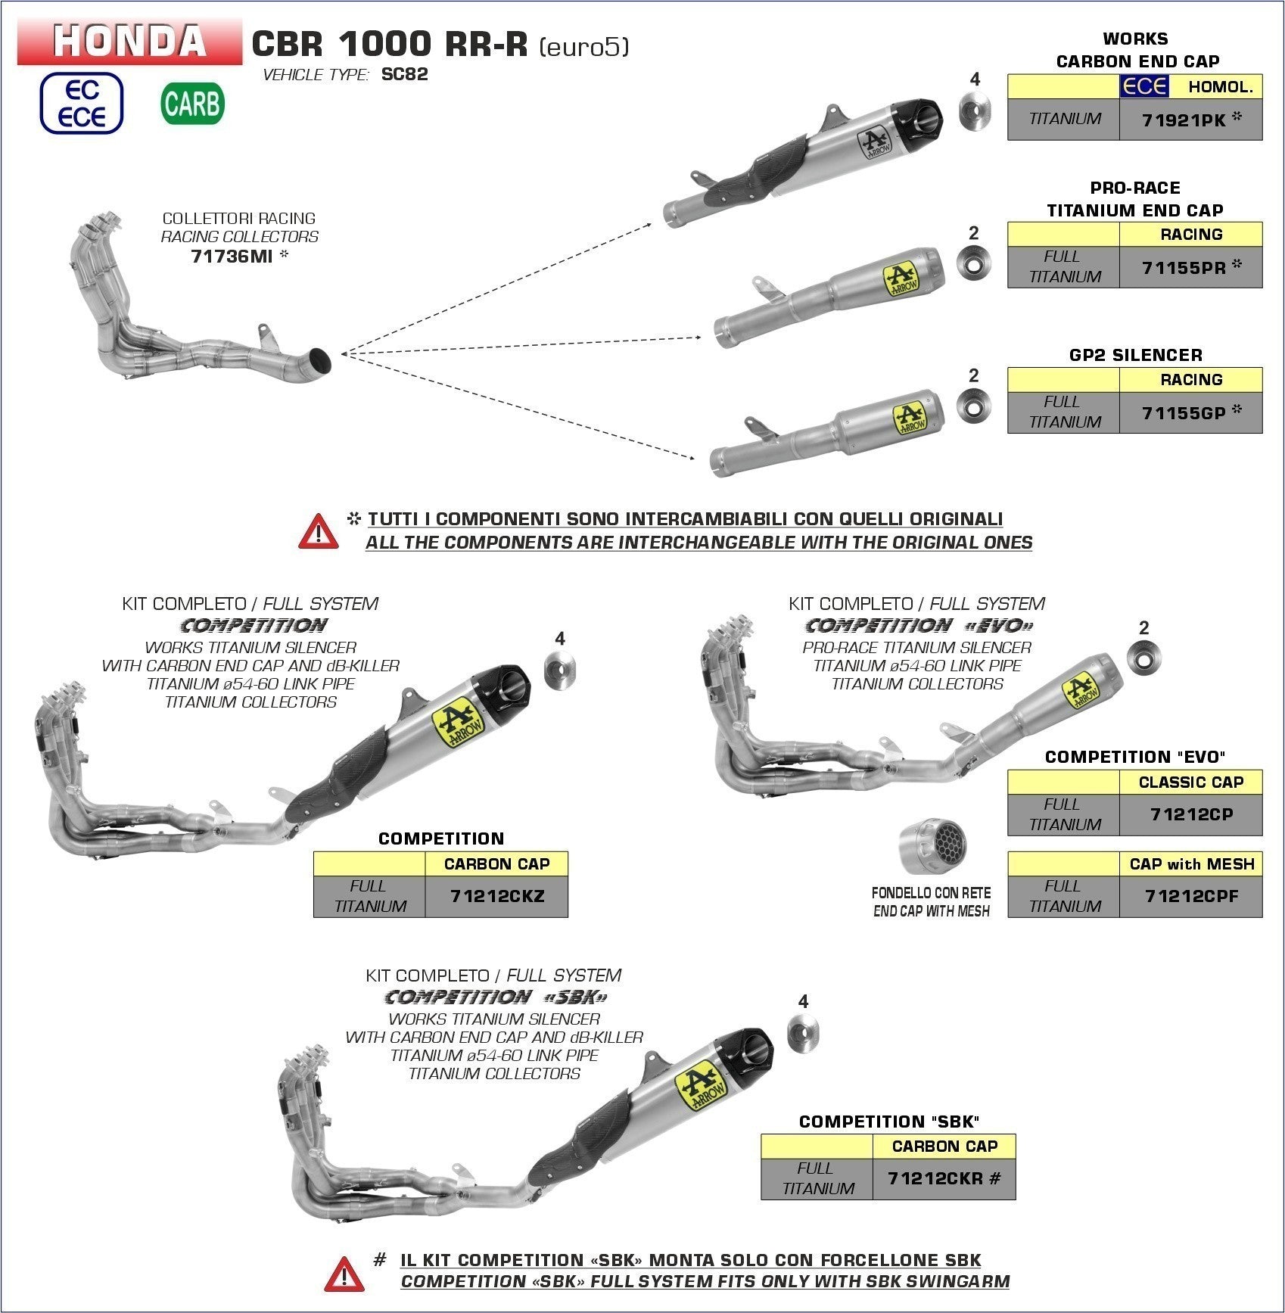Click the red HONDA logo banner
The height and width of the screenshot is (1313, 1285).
click(129, 41)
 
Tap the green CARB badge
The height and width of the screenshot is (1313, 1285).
click(193, 103)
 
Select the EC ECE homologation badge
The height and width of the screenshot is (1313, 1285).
click(82, 103)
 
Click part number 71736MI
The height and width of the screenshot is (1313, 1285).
click(232, 256)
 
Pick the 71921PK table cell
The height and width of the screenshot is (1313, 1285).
click(1190, 120)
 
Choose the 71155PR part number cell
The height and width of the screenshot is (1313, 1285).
click(1190, 267)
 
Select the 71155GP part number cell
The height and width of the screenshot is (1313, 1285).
click(1190, 412)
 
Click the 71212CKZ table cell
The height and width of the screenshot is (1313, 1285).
click(496, 896)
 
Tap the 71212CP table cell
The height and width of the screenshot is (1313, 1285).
click(1190, 814)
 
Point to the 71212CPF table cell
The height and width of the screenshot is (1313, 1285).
click(1190, 896)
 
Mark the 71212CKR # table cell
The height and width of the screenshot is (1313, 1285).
click(944, 1178)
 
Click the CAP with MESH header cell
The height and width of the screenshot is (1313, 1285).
click(1190, 863)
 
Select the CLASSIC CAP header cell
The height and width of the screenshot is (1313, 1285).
click(1190, 782)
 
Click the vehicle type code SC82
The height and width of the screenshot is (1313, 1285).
click(405, 74)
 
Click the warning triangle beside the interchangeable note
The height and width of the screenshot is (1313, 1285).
click(319, 530)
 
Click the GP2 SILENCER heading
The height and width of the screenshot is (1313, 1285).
click(1135, 355)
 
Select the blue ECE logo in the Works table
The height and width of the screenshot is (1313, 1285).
click(1143, 86)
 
